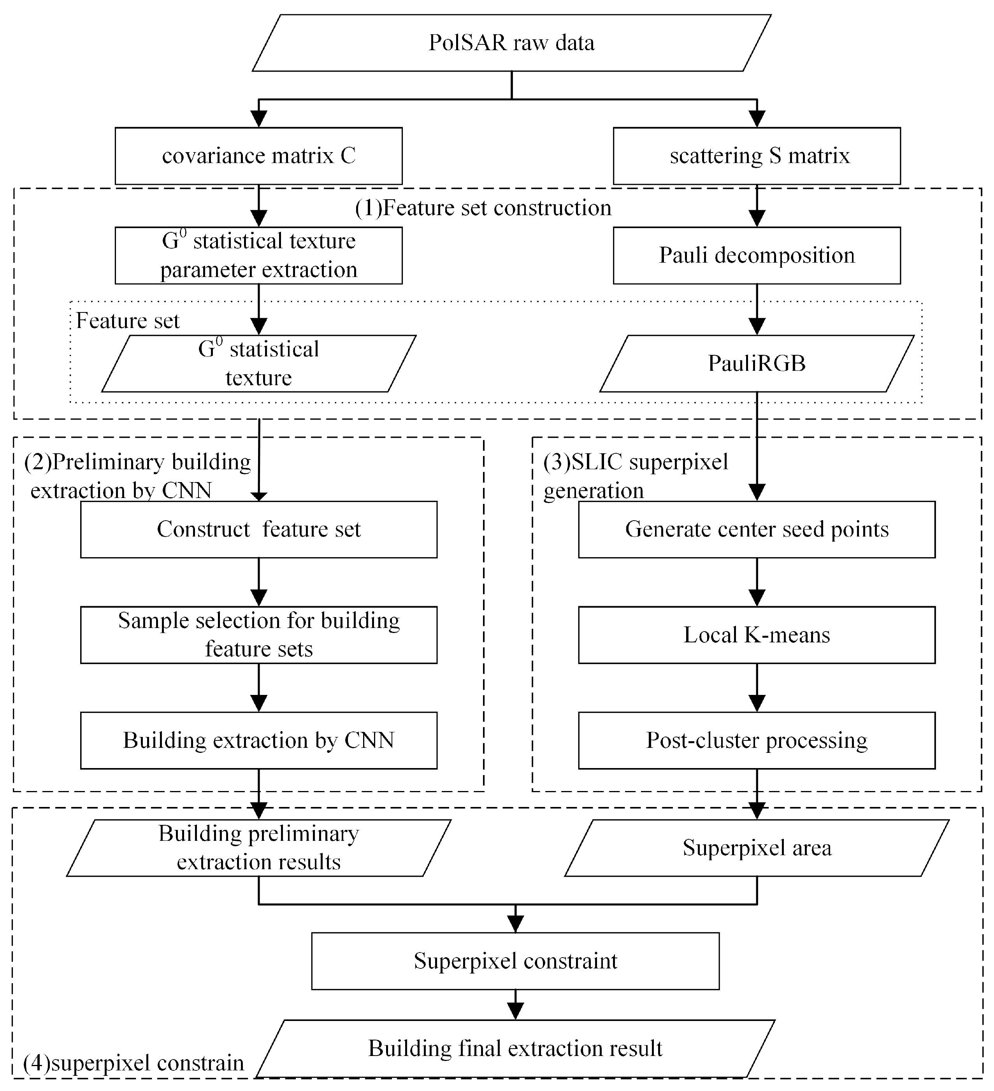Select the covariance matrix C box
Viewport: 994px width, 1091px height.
[258, 156]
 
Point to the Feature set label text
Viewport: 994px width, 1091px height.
[127, 321]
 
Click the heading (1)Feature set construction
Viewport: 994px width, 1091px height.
[483, 208]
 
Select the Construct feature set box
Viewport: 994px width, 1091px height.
[258, 529]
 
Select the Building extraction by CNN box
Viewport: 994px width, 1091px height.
[258, 740]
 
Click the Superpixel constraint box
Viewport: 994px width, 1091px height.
[515, 961]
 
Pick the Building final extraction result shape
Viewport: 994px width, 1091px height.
[515, 1048]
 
